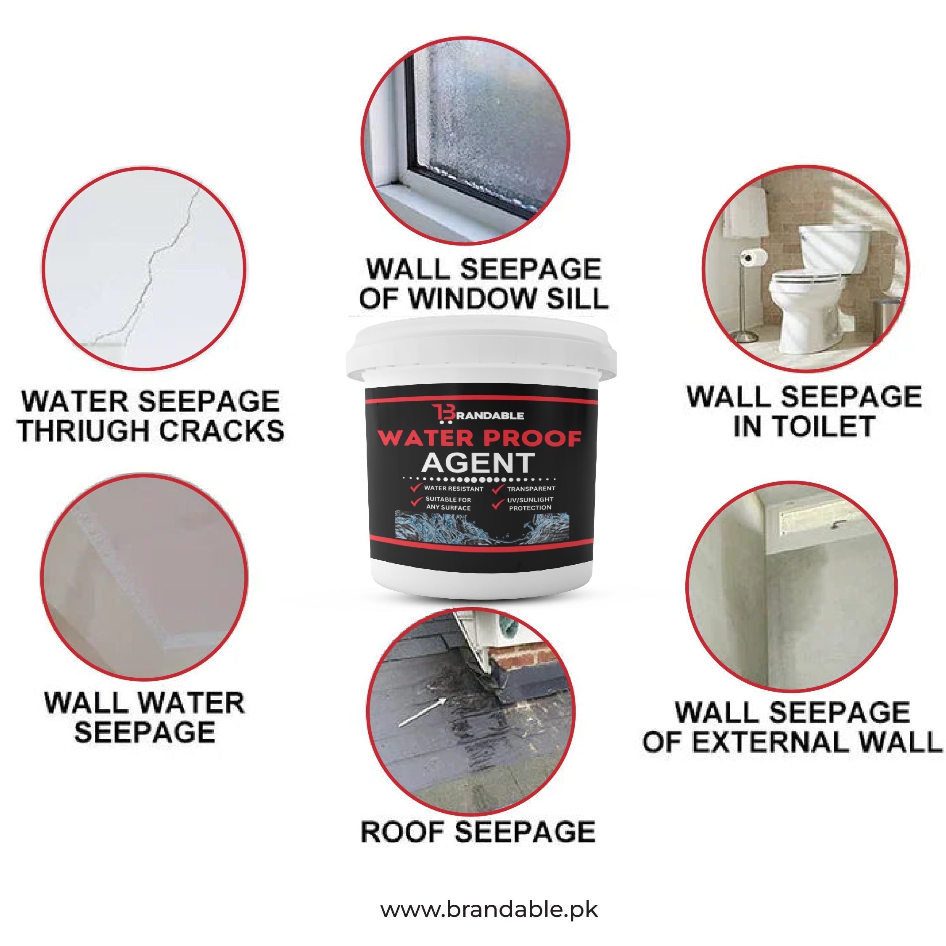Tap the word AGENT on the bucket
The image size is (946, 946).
[478, 463]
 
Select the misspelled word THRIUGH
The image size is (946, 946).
[83, 431]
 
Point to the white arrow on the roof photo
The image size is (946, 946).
[423, 712]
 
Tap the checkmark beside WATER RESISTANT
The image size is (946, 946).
[417, 488]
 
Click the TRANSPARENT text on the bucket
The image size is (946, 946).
[531, 489]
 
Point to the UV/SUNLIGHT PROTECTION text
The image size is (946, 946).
[530, 503]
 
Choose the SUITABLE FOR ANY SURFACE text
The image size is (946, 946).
[448, 503]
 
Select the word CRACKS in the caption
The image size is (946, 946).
[221, 431]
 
